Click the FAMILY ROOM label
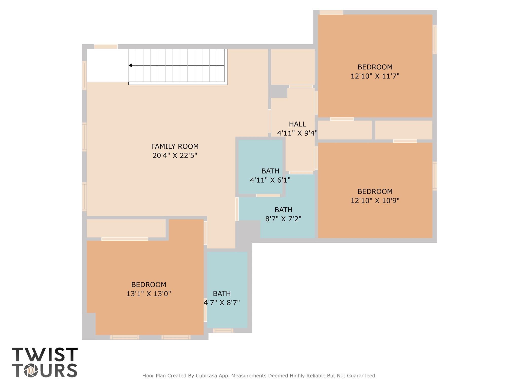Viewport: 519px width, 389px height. [x=175, y=146]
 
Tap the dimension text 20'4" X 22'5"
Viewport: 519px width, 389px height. [x=175, y=155]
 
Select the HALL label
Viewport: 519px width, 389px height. [x=297, y=124]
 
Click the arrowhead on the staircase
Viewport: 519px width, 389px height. [x=130, y=66]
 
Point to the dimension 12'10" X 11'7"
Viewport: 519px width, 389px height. [x=375, y=76]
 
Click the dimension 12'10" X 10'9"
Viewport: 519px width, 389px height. [x=375, y=201]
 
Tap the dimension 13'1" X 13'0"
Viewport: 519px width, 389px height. [x=149, y=294]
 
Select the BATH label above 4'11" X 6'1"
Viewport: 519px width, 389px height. [x=270, y=171]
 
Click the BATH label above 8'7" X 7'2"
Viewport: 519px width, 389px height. [x=283, y=210]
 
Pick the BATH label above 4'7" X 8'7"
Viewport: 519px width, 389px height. [x=222, y=294]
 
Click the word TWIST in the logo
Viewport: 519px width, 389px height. [x=45, y=355]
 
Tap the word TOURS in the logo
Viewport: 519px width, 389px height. [x=45, y=371]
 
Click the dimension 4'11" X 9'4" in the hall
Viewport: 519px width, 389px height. [x=297, y=133]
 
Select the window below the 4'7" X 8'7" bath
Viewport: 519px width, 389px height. [x=223, y=330]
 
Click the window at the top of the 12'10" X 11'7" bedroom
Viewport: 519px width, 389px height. [x=331, y=12]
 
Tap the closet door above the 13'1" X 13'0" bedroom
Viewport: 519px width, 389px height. [x=125, y=239]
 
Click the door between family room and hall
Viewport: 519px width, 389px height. [x=269, y=121]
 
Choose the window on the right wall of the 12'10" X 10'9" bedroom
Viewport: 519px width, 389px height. [x=434, y=176]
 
